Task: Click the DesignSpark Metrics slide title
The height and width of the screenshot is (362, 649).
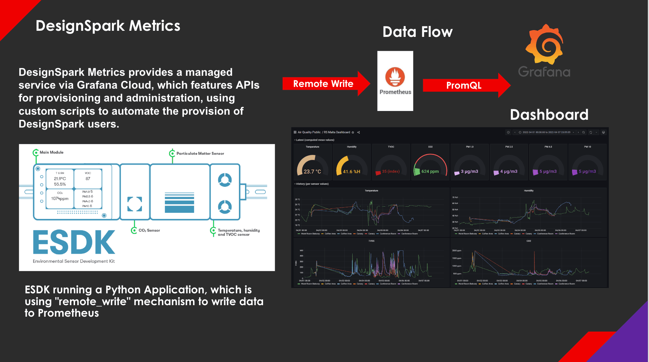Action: click(x=108, y=26)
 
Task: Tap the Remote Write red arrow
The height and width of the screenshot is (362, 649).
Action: click(x=324, y=84)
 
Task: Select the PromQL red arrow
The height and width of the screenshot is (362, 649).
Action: click(x=464, y=85)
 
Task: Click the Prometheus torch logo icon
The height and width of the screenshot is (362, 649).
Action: click(x=395, y=77)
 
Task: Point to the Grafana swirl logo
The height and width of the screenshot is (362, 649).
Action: click(x=544, y=44)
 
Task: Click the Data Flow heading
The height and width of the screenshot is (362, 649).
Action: click(x=417, y=32)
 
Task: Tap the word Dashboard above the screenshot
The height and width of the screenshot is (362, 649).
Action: click(x=549, y=115)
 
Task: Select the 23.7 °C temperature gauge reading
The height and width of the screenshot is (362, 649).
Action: click(x=312, y=172)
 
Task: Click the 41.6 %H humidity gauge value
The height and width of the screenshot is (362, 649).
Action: click(x=352, y=172)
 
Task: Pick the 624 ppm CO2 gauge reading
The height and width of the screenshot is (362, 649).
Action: click(x=430, y=171)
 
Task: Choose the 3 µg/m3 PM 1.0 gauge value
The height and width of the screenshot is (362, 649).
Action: click(x=469, y=171)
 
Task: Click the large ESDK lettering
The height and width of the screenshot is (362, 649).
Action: click(x=74, y=242)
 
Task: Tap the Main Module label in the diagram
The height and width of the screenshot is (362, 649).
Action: click(x=51, y=152)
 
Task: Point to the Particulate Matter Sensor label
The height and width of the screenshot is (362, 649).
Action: click(x=200, y=153)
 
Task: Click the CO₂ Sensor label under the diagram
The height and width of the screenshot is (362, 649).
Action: click(x=149, y=230)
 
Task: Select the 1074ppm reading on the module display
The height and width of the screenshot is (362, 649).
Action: click(x=60, y=199)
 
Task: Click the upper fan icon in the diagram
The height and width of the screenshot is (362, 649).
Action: click(x=225, y=180)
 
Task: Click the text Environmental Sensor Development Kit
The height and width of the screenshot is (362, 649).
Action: click(x=74, y=261)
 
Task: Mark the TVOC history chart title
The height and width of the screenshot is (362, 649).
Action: click(x=371, y=241)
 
